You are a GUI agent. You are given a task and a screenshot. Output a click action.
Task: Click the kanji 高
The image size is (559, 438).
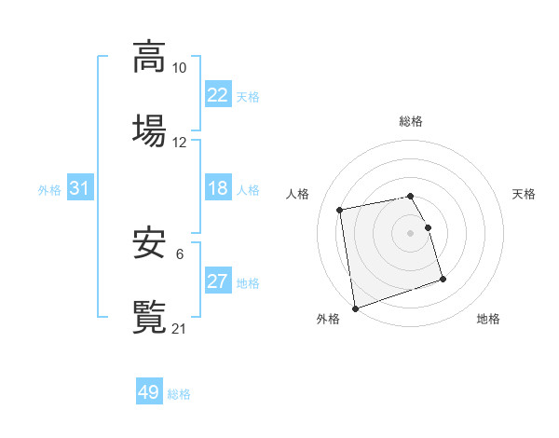[149, 57]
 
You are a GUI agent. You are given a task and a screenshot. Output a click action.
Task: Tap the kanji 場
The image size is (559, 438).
[149, 129]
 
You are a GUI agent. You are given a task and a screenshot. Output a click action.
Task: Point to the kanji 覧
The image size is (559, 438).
[149, 315]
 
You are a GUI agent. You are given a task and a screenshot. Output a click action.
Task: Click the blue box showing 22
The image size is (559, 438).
[218, 95]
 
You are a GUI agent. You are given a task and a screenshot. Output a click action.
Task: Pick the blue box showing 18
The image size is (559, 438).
[218, 188]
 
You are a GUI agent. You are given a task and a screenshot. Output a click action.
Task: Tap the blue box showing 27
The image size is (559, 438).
[218, 282]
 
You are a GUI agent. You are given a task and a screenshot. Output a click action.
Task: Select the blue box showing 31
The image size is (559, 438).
[80, 188]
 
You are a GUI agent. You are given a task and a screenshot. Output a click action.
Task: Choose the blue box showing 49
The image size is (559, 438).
[149, 392]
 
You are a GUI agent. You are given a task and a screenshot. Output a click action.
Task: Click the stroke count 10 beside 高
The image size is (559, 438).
[180, 68]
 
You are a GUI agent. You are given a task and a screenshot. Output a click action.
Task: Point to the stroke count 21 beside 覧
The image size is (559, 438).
[180, 327]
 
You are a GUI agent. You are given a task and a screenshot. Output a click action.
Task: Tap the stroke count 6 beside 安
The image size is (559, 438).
[180, 254]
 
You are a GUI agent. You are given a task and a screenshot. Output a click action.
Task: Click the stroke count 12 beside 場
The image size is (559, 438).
[180, 142]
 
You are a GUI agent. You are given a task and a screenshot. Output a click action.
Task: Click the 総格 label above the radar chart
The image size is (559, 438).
[411, 121]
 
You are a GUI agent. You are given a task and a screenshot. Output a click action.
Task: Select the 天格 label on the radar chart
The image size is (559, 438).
[525, 194]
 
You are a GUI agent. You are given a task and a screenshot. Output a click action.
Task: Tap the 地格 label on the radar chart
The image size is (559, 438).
[488, 320]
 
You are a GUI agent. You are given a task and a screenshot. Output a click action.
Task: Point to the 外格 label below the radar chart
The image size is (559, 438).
[328, 320]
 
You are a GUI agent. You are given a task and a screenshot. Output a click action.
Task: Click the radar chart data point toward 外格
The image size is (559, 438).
[355, 308]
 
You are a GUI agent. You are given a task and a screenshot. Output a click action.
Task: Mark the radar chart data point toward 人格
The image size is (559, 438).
[340, 209]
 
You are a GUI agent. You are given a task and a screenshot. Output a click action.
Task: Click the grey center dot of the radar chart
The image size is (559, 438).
[411, 233]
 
